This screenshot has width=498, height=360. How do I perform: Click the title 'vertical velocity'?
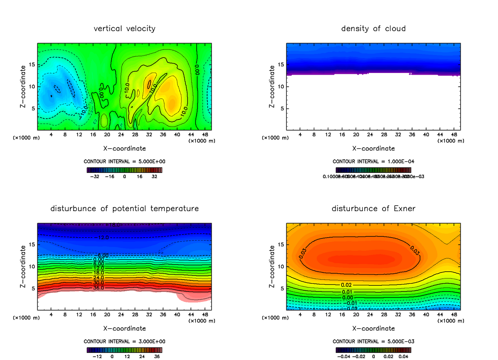[124, 29]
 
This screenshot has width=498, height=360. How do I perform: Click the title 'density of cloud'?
[373, 29]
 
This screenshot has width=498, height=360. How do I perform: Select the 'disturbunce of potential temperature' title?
[124, 208]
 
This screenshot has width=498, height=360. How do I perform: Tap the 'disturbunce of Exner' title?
[373, 208]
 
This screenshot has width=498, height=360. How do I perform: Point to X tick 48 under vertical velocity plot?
[205, 134]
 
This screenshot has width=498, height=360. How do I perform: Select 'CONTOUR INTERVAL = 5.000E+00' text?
[124, 161]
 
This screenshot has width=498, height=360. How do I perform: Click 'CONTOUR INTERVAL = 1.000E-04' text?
[373, 161]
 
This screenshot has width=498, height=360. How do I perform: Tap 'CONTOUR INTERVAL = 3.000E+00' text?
[124, 341]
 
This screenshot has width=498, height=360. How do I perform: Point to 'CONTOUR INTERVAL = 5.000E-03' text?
[373, 341]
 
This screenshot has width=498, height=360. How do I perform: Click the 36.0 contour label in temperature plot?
[98, 287]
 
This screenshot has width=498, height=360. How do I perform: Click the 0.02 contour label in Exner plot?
[346, 285]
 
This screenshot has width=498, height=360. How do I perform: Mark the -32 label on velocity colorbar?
[95, 176]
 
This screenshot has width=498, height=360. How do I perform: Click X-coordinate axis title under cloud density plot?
[373, 148]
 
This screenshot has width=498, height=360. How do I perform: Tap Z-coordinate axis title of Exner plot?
[272, 266]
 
